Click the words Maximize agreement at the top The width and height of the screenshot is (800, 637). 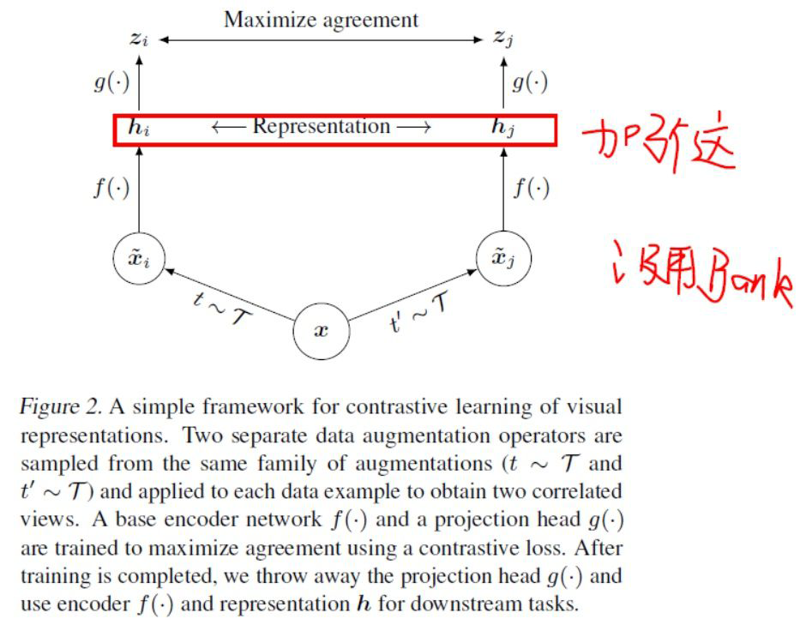click(x=321, y=19)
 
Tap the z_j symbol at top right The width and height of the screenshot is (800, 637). click(x=503, y=39)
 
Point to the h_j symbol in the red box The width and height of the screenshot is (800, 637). click(x=502, y=129)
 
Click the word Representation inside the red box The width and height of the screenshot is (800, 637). click(x=322, y=127)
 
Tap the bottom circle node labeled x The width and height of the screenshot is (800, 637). click(x=321, y=330)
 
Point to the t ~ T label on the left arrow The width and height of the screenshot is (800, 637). click(x=219, y=305)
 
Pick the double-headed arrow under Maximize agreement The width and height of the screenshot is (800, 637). click(x=321, y=39)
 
